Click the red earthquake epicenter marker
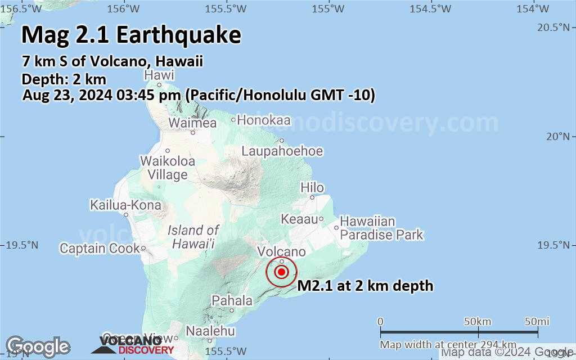[x=282, y=272]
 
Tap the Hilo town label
[x=312, y=188]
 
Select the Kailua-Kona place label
[x=125, y=206]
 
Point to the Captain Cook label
[x=100, y=248]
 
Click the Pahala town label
[x=232, y=301]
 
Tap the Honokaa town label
[x=264, y=120]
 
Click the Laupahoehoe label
[x=282, y=151]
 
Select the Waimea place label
[x=193, y=123]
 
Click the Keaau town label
[x=299, y=219]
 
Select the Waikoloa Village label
[x=168, y=168]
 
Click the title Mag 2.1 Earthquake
[x=131, y=35]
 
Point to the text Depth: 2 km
[x=64, y=79]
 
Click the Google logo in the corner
[x=38, y=346]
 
